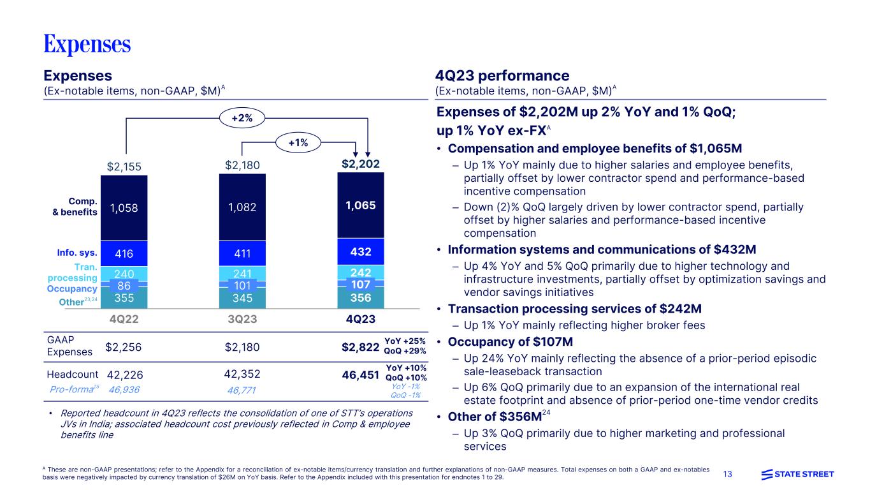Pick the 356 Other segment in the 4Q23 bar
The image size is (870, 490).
coord(359,298)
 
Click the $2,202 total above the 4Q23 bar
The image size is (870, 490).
coord(361,165)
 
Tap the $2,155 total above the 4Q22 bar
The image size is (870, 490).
coord(124,166)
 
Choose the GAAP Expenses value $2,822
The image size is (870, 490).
coord(361,347)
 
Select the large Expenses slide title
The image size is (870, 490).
coord(87,44)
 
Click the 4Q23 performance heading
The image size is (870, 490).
coord(502,75)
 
